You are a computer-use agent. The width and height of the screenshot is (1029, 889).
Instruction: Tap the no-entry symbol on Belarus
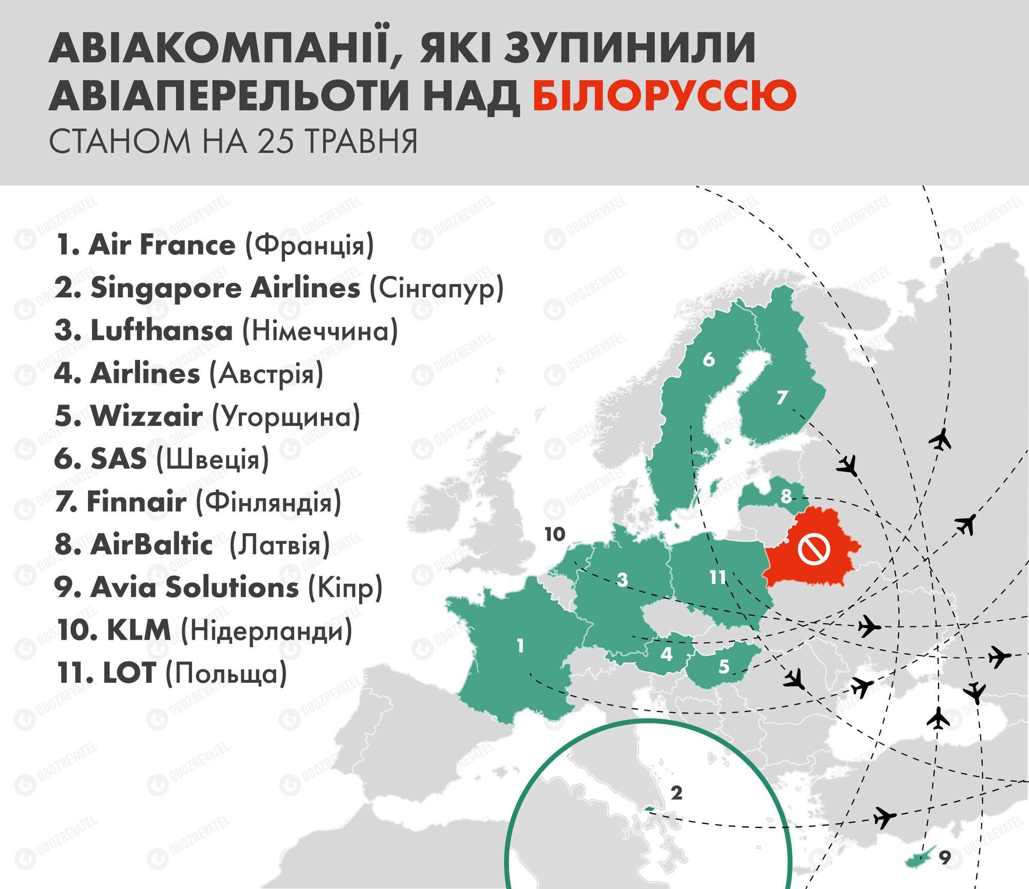coord(814,549)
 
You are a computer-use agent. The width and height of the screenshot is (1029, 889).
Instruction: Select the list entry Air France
coord(162,245)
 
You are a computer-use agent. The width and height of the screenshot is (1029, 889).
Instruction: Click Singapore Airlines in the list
coord(225,288)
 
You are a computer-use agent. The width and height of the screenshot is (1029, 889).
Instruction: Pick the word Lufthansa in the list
coord(162,330)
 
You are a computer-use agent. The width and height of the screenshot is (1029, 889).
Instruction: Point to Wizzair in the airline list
coord(147,416)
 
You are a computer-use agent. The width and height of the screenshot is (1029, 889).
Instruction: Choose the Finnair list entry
coord(136,502)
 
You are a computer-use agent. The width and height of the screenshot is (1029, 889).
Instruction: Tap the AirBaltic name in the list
coord(151,544)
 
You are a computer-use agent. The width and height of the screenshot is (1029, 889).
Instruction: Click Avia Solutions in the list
coord(194,587)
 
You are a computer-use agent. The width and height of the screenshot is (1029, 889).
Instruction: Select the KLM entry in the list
coord(138,630)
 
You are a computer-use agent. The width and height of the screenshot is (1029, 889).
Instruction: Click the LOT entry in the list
coord(129,673)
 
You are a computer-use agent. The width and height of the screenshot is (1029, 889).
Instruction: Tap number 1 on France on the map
coord(520,646)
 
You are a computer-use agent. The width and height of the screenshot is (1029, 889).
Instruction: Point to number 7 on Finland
coord(782,397)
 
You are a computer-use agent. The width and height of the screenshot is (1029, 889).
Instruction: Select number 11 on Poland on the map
coord(717,577)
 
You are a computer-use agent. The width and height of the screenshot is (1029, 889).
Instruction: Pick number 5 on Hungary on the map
coord(723,667)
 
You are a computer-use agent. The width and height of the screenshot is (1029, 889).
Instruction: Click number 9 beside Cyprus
coord(944,858)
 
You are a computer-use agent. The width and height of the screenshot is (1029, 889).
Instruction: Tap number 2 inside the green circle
coord(676,793)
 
